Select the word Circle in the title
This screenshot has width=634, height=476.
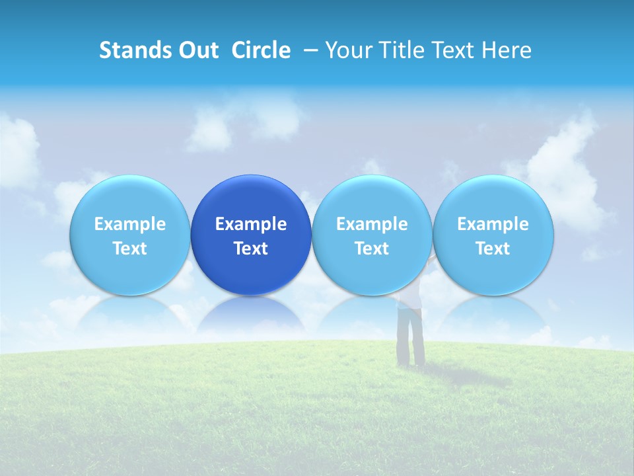pyautogui.click(x=261, y=50)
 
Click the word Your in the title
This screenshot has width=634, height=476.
pyautogui.click(x=348, y=50)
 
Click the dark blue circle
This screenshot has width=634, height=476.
pyautogui.click(x=251, y=198)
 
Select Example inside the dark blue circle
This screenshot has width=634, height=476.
pyautogui.click(x=251, y=224)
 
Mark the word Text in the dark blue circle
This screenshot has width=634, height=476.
pyautogui.click(x=251, y=249)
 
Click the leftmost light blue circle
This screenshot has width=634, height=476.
pyautogui.click(x=130, y=198)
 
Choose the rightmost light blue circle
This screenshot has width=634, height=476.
pyautogui.click(x=493, y=198)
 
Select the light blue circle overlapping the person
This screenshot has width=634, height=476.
pyautogui.click(x=372, y=198)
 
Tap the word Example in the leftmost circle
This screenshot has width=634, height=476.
pyautogui.click(x=130, y=224)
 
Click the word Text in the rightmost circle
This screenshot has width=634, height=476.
pyautogui.click(x=493, y=249)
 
